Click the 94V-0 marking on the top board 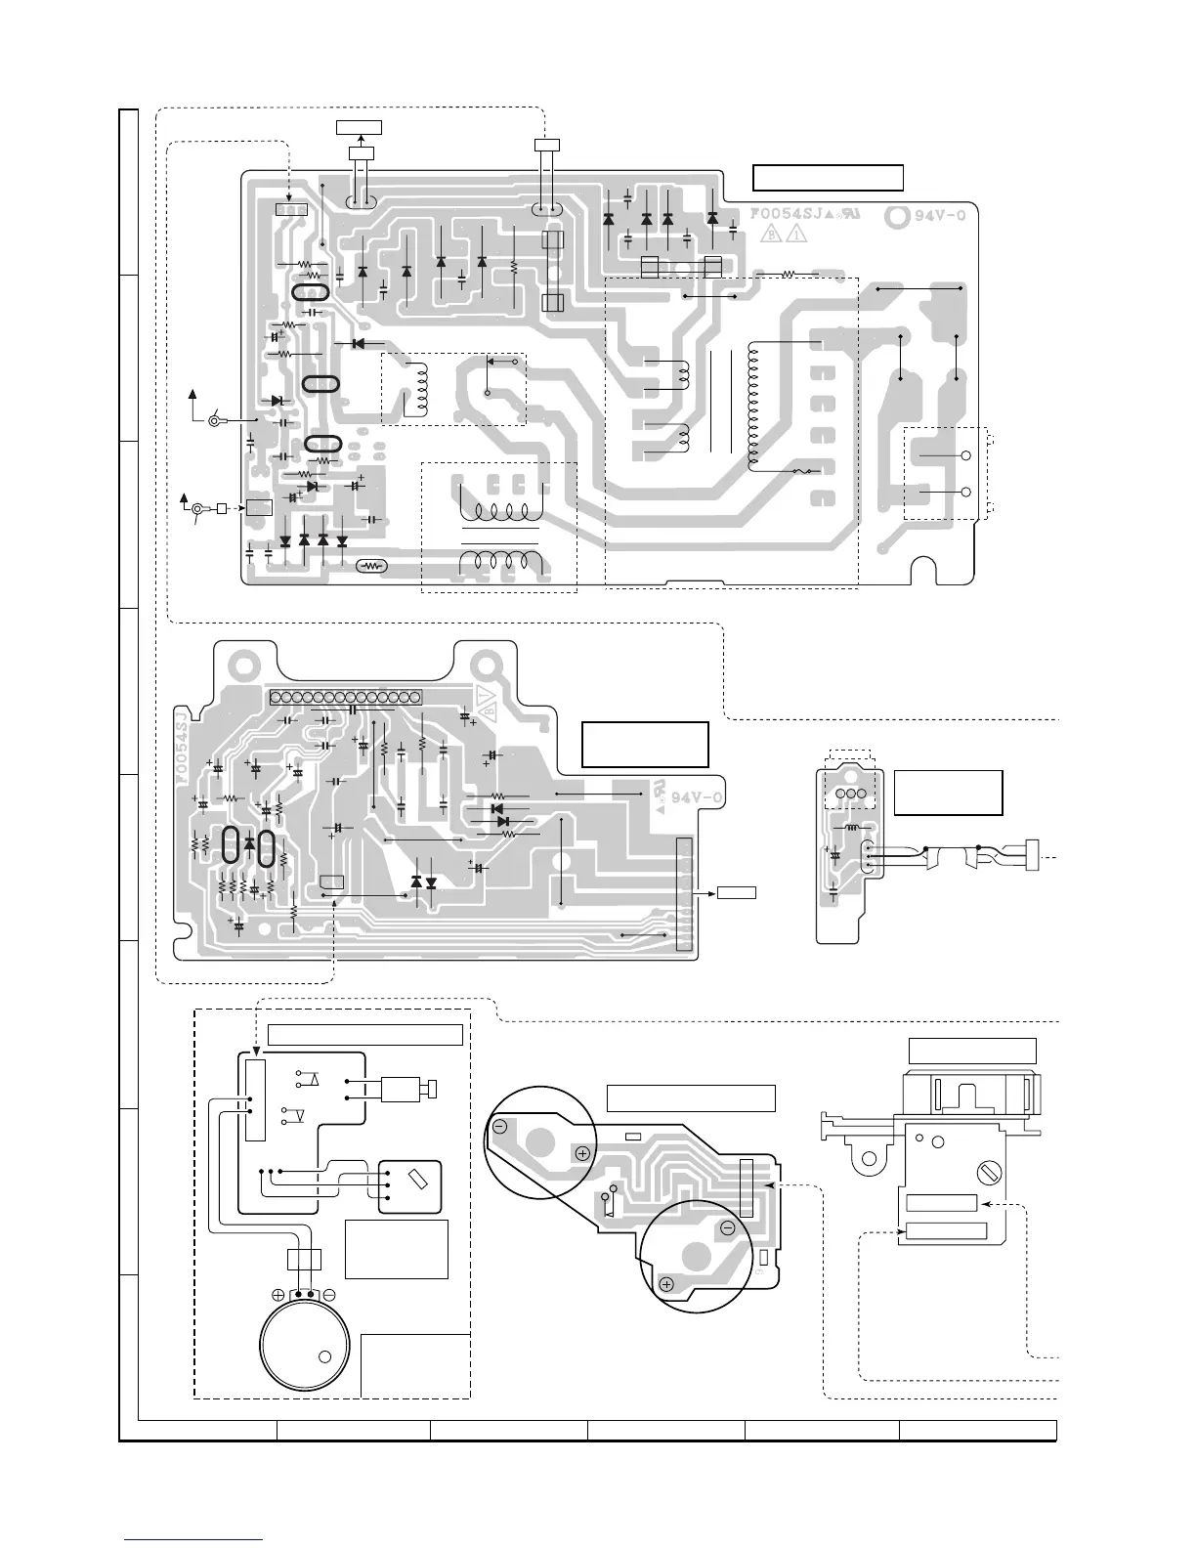pyautogui.click(x=940, y=216)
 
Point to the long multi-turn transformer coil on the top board pyautogui.click(x=752, y=406)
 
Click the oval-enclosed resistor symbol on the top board pyautogui.click(x=371, y=565)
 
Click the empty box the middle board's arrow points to pyautogui.click(x=737, y=891)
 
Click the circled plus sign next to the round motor pyautogui.click(x=278, y=1295)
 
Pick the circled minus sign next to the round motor pyautogui.click(x=329, y=1295)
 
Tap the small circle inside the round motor pyautogui.click(x=324, y=1357)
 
